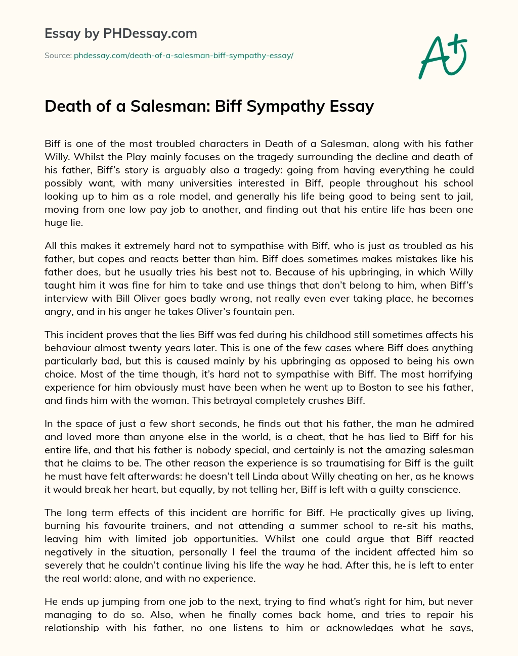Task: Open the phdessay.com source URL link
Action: (184, 56)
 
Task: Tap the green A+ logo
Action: (443, 56)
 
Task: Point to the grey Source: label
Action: (58, 56)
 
